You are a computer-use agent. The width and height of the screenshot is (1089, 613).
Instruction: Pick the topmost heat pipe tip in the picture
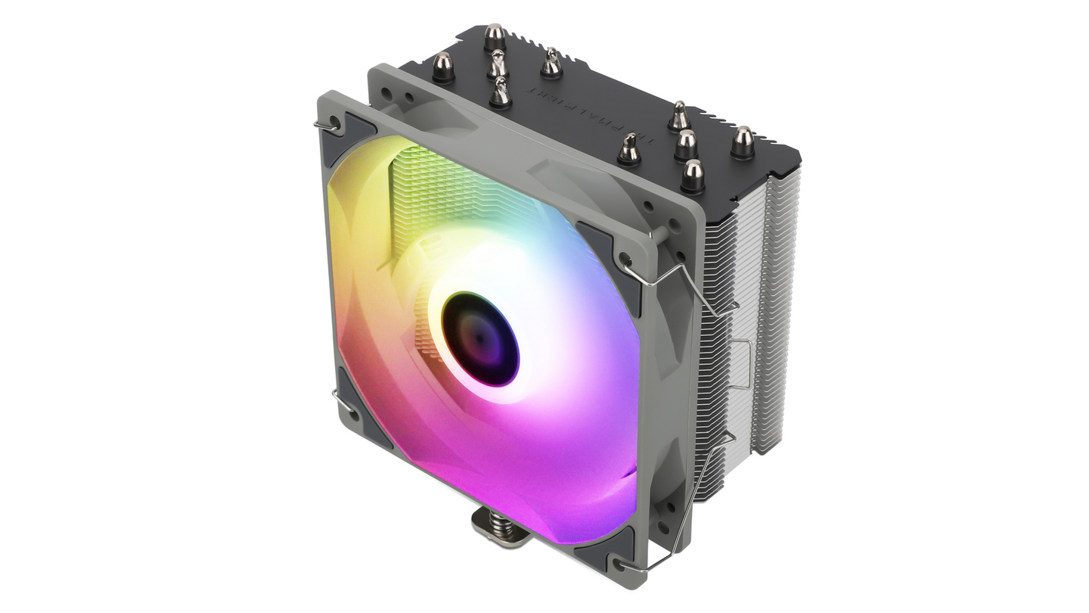(x=495, y=36)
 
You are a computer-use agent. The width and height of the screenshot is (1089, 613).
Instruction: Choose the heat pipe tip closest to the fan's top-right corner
(x=629, y=149)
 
